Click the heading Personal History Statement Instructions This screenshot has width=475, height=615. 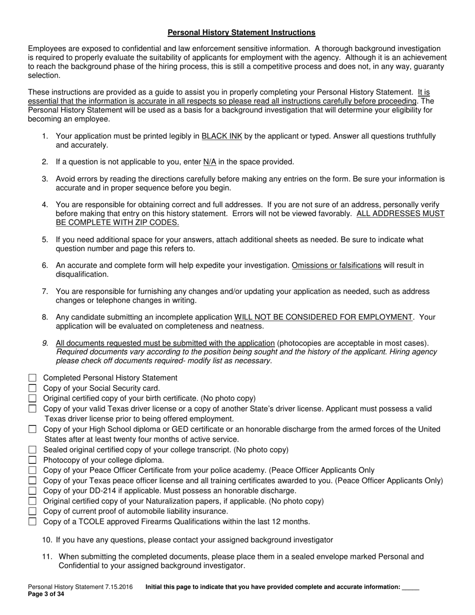(x=241, y=32)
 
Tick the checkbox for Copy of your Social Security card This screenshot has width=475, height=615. (x=32, y=388)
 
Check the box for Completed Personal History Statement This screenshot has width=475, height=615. (x=32, y=378)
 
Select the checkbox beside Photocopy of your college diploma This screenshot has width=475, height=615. (x=32, y=460)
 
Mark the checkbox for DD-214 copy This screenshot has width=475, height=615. (x=32, y=490)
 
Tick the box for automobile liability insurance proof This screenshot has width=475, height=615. (x=32, y=511)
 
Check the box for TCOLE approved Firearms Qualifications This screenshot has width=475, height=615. (x=32, y=521)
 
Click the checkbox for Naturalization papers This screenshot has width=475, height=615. (x=32, y=501)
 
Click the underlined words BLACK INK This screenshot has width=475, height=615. (x=221, y=136)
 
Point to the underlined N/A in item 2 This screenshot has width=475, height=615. (x=209, y=162)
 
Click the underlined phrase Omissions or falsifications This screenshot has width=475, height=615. (x=336, y=265)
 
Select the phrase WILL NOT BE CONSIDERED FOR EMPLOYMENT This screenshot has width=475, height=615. (x=323, y=317)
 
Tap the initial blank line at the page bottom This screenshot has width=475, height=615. (x=410, y=587)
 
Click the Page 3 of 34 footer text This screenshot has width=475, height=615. (x=46, y=594)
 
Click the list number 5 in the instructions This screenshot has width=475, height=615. (x=45, y=240)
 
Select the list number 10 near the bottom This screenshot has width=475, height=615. (x=46, y=540)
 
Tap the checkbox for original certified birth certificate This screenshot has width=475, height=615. (x=32, y=398)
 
